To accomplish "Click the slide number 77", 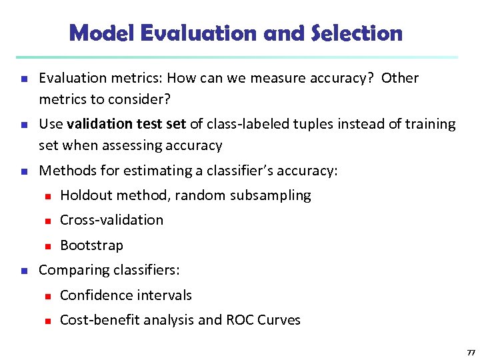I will coord(471,351).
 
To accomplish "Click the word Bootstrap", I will coord(91,245).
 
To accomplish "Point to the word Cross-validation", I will coord(111,220).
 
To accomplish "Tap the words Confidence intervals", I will coord(125,295).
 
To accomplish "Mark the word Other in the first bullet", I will coord(400,78).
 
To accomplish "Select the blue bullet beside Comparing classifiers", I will coord(23,271).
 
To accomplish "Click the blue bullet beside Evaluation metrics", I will coord(23,79).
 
